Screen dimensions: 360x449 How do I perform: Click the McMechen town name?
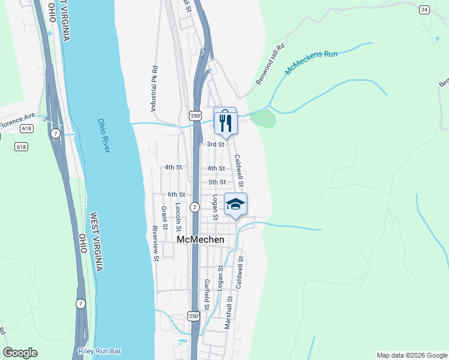click(x=200, y=239)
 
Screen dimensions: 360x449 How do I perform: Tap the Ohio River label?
click(x=103, y=135)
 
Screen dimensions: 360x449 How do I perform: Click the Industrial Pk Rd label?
click(x=154, y=89)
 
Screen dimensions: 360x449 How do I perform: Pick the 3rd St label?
click(x=215, y=145)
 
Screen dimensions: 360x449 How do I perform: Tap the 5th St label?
click(x=217, y=182)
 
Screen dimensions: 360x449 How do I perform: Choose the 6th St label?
click(x=176, y=194)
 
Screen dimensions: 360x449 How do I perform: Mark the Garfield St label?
click(x=206, y=296)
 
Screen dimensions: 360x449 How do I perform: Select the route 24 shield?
click(x=424, y=10)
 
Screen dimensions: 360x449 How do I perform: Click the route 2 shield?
click(x=194, y=207)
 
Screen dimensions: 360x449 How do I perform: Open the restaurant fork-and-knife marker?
click(x=225, y=122)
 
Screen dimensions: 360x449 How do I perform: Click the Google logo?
click(x=20, y=353)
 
